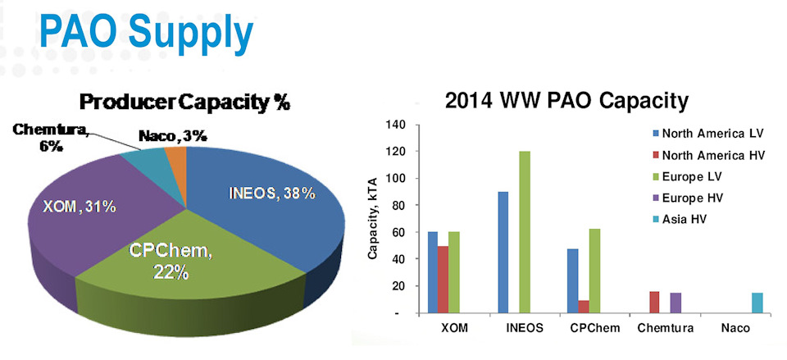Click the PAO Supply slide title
146,35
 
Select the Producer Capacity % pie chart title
185,104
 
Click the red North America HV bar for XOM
443,279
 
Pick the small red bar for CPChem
584,306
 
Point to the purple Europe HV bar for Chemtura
676,303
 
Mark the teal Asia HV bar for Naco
757,303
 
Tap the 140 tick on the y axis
396,125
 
